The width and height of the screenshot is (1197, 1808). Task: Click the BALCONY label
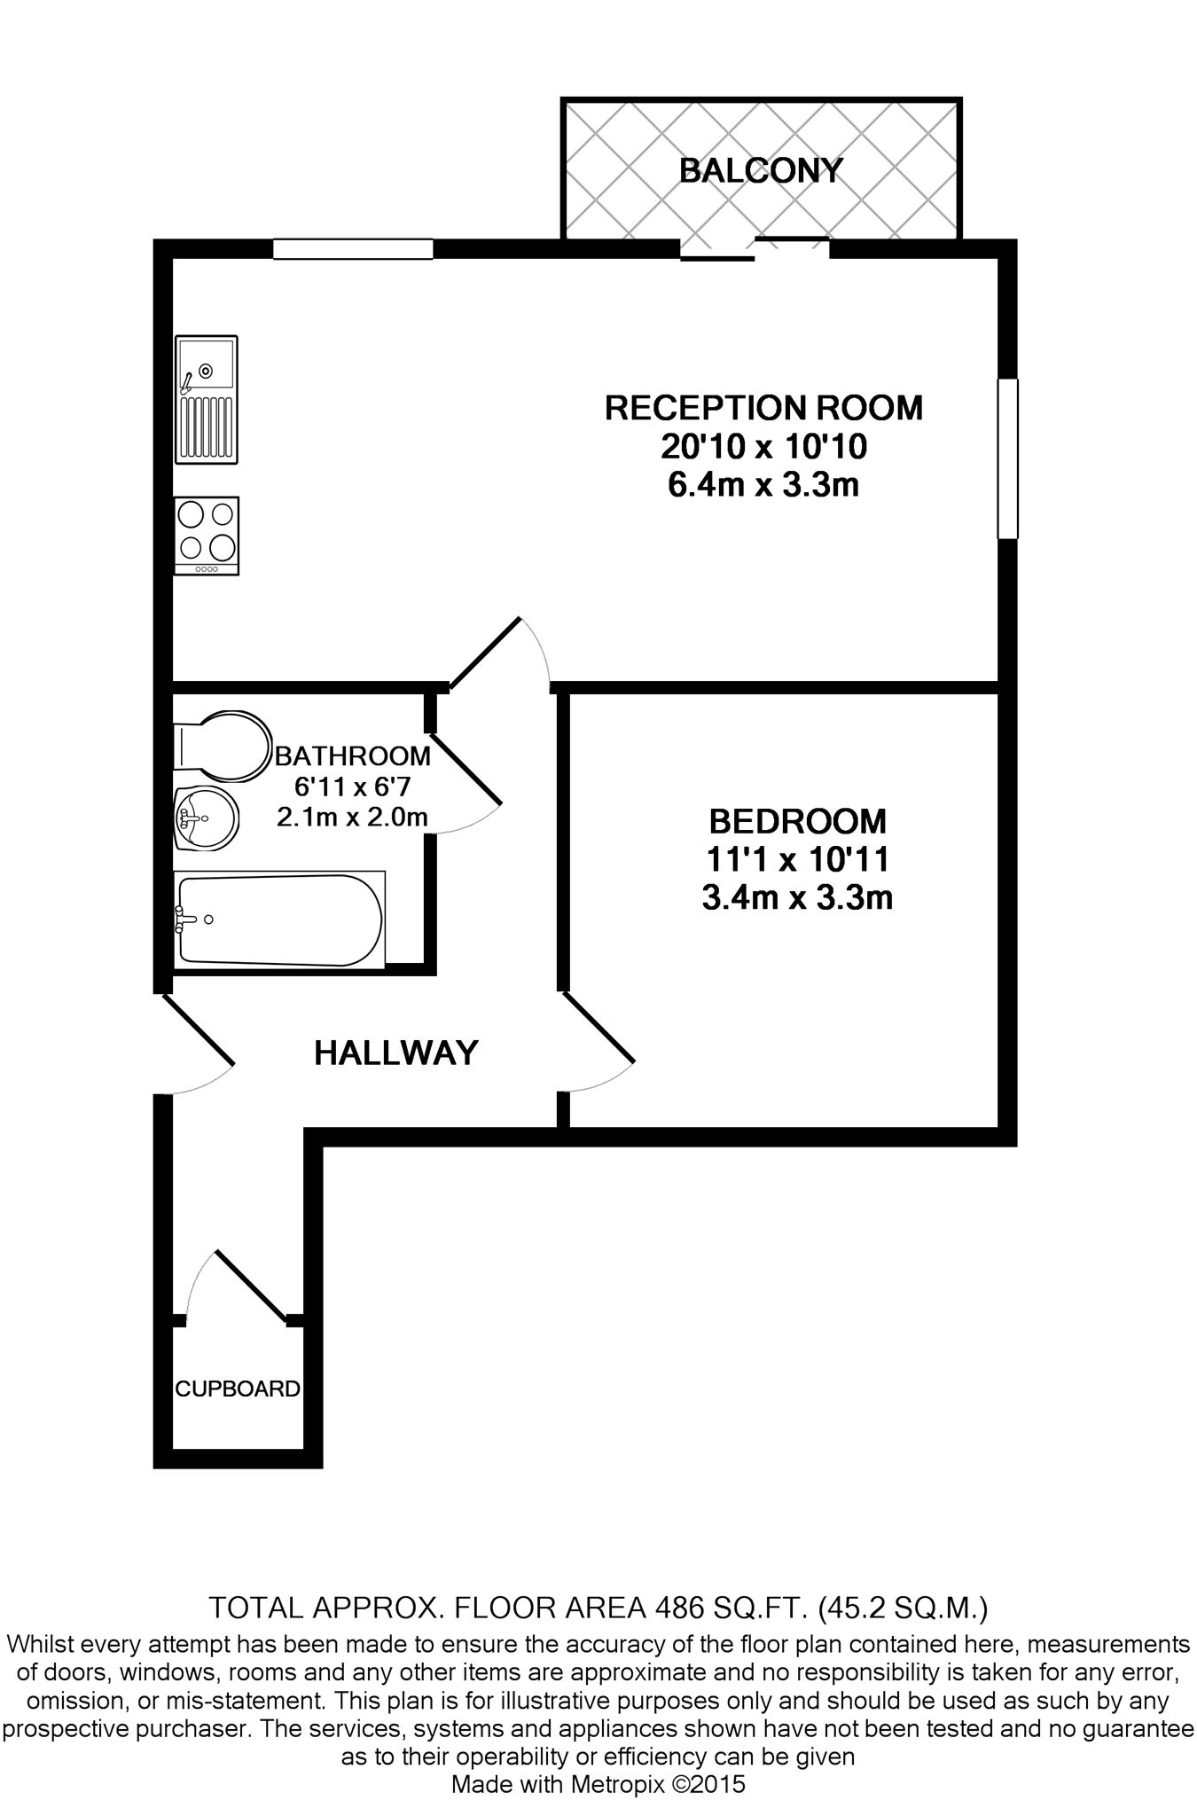pos(760,169)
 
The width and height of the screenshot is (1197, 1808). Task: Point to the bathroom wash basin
pos(206,817)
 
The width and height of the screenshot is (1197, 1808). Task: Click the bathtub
pos(279,920)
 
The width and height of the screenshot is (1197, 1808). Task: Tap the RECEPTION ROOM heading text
pos(763,408)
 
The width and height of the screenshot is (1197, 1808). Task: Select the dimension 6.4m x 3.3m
pos(763,485)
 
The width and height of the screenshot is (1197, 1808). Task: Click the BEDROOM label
pos(797,821)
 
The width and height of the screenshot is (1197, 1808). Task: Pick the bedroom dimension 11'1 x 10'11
pos(797,859)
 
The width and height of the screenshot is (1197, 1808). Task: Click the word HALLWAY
pos(396,1053)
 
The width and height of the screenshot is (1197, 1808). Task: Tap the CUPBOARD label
pos(238,1389)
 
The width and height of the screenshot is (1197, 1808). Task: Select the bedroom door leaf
pos(598,1028)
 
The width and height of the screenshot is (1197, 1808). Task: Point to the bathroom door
pos(466,768)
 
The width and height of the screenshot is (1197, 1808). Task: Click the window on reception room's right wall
pos(1007,458)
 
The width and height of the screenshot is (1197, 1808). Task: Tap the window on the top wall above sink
pos(353,249)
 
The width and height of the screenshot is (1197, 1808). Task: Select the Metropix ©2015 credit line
pos(598,1784)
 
